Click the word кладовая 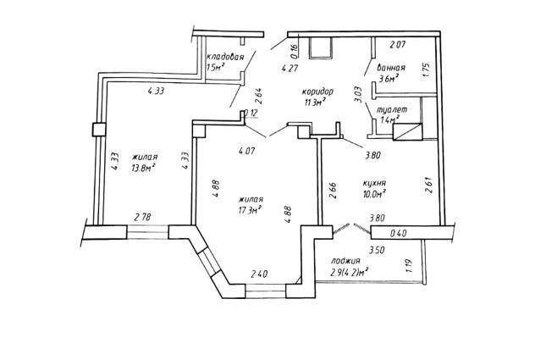225,57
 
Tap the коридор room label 317,91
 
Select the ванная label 391,68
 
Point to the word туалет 392,110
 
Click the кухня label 374,184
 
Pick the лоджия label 345,262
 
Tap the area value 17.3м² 250,209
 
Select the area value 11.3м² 313,102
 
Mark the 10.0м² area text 374,194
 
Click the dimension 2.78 142,217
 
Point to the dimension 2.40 259,274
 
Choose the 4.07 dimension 246,151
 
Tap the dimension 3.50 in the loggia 377,250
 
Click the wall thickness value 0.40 398,234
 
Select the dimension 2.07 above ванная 398,44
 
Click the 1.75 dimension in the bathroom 427,69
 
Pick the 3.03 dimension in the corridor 357,93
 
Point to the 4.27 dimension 290,69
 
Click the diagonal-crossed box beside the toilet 408,131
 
